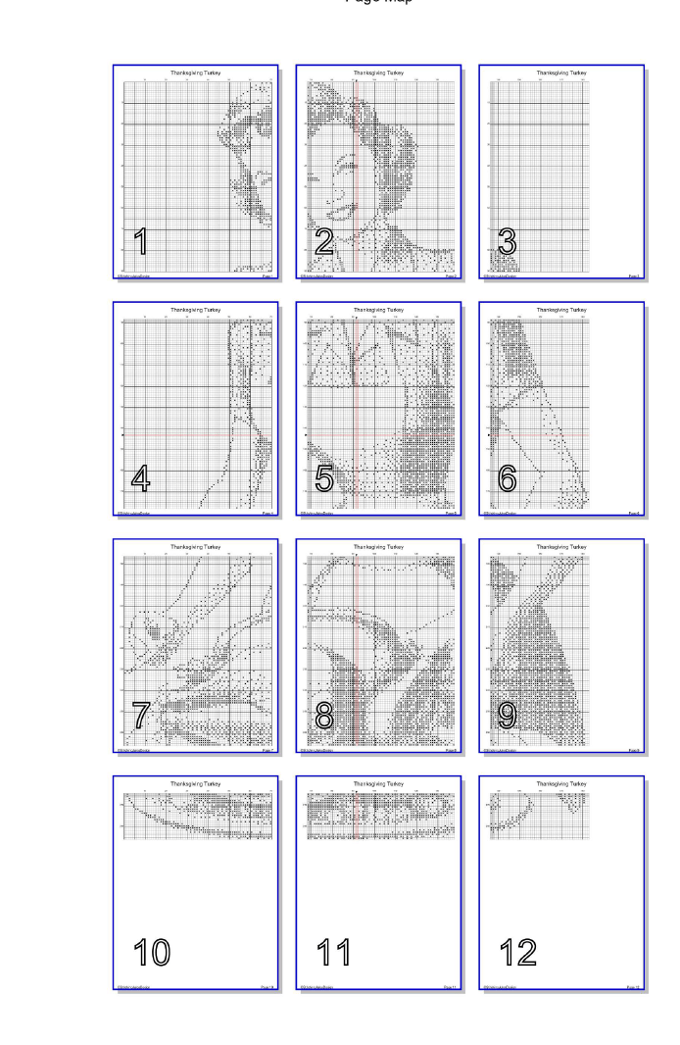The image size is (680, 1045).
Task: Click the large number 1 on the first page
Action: click(141, 241)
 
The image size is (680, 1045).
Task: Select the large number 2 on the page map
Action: click(324, 241)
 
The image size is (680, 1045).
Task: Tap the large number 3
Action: click(508, 241)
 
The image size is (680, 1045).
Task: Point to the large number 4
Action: click(141, 478)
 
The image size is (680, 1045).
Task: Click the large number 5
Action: click(324, 478)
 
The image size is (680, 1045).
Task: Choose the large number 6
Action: click(508, 478)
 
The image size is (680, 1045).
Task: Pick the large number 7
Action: click(141, 716)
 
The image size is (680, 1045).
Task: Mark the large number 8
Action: click(324, 716)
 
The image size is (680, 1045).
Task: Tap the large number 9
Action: click(508, 716)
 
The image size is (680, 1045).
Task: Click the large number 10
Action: click(152, 952)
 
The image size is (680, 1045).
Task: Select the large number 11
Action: click(334, 952)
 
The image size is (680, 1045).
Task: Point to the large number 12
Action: click(517, 952)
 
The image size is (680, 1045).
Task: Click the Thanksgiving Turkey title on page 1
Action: click(195, 73)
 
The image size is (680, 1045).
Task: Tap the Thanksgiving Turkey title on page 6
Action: click(561, 310)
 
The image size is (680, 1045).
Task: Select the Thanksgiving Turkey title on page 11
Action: click(378, 784)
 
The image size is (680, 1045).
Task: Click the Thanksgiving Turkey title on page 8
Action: click(378, 547)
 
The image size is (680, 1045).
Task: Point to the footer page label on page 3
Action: click(634, 277)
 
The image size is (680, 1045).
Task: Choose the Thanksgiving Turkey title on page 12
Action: click(561, 784)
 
